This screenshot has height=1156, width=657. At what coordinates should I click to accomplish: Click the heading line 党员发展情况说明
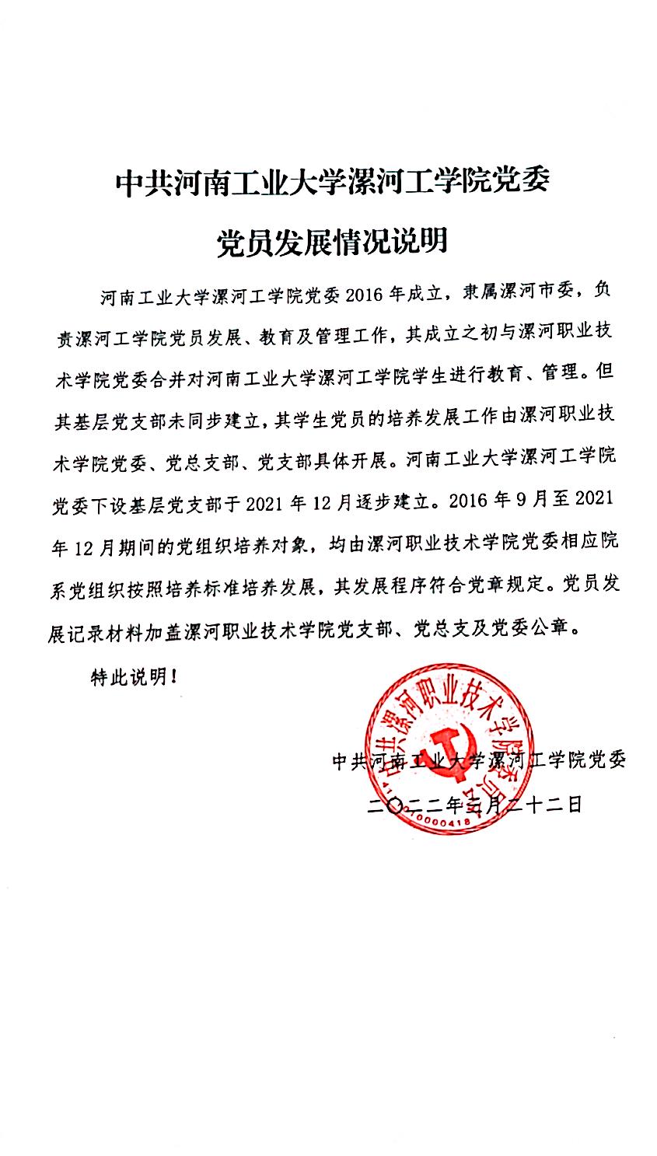(x=332, y=242)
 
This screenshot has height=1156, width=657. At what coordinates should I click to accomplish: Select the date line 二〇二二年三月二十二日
(x=477, y=805)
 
